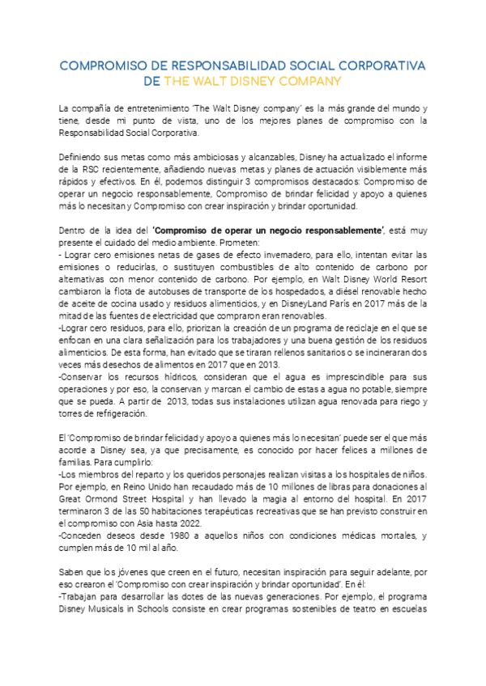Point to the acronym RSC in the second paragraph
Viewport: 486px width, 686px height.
88,171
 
